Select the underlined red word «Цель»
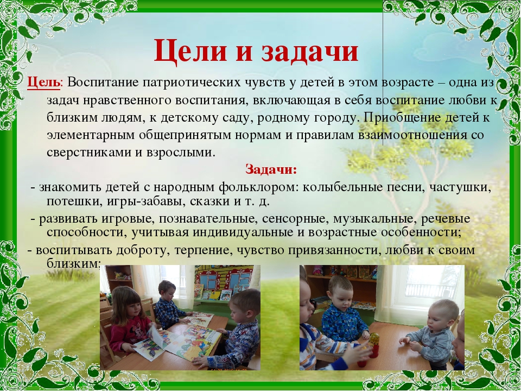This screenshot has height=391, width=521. pos(44,83)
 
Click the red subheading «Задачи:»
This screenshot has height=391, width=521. pos(271,169)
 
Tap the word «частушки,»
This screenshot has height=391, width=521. pos(460,187)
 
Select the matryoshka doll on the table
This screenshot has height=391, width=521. pos(374,345)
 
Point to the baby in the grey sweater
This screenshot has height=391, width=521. pos(428,333)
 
